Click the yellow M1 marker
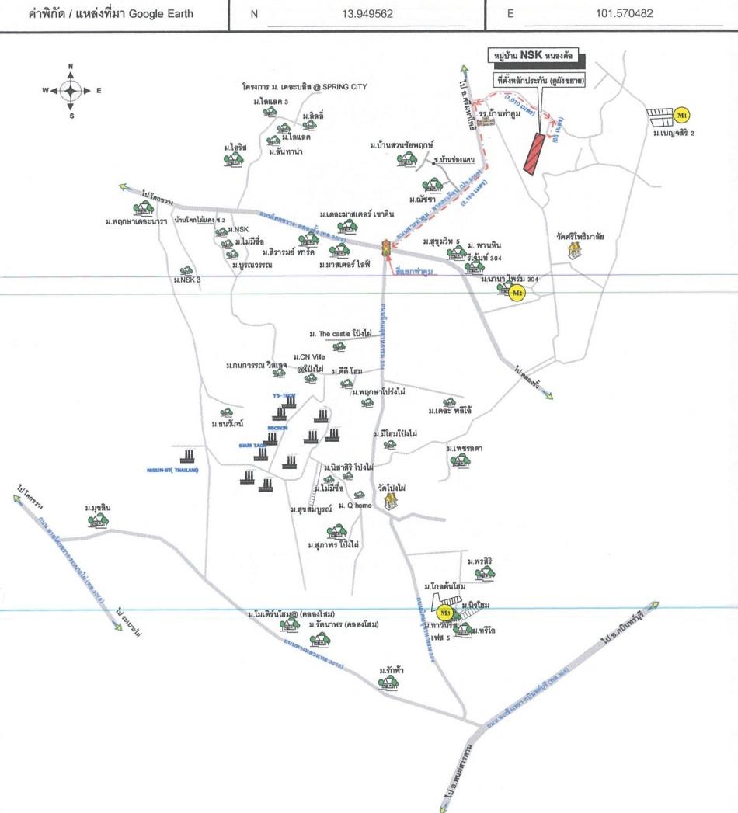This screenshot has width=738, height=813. (682, 116)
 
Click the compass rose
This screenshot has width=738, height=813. (71, 91)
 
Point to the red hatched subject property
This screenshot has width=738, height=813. (534, 154)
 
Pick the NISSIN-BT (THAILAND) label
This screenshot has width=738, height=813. (173, 470)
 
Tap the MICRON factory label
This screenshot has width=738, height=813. (277, 428)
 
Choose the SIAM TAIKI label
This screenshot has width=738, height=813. (254, 446)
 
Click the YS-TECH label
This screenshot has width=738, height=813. (284, 396)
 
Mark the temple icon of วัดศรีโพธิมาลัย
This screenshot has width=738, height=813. (575, 249)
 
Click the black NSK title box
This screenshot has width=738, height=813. (538, 57)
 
